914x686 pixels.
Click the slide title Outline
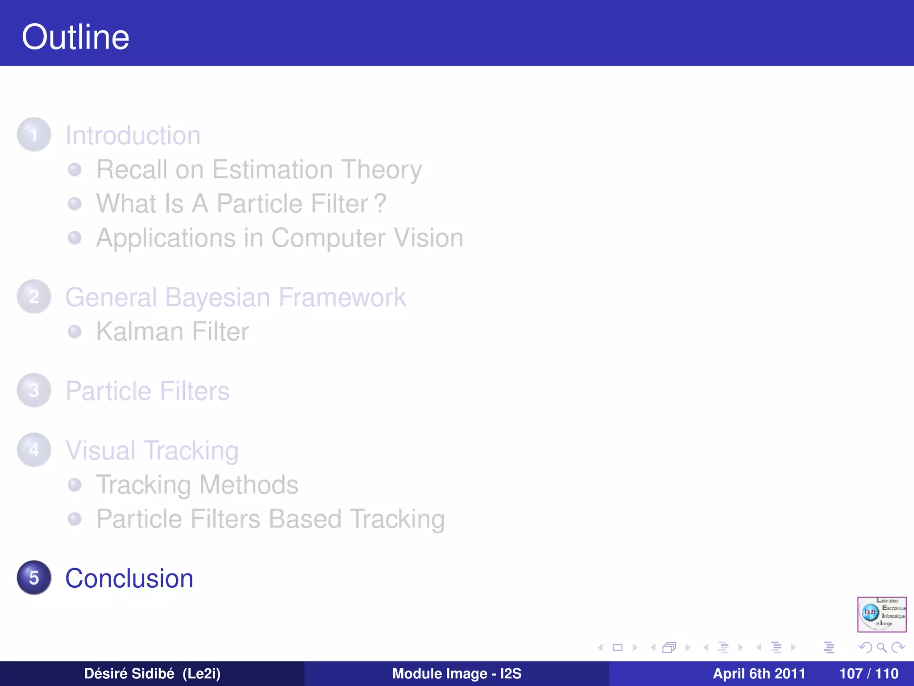tap(75, 37)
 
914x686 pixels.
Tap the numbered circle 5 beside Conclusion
tap(34, 577)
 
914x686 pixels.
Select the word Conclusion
tap(129, 578)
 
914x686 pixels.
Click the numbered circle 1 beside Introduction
tap(34, 134)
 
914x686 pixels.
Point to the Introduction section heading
tap(133, 135)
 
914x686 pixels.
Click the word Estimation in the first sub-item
tap(272, 170)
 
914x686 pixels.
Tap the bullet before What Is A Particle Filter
tap(75, 204)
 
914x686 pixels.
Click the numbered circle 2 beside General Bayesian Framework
tap(34, 297)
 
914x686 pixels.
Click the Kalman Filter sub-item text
tap(173, 332)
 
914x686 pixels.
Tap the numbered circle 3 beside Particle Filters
tap(34, 390)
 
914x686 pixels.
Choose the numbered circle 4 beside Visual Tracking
tap(34, 450)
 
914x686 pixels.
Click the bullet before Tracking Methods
tap(75, 485)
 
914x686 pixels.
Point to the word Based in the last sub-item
tap(305, 519)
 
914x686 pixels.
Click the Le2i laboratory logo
tap(881, 614)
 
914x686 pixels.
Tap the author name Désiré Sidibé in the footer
tap(129, 673)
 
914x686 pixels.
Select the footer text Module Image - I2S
tap(457, 673)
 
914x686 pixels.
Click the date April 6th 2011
tap(759, 673)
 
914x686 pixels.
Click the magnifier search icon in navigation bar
tap(881, 648)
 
